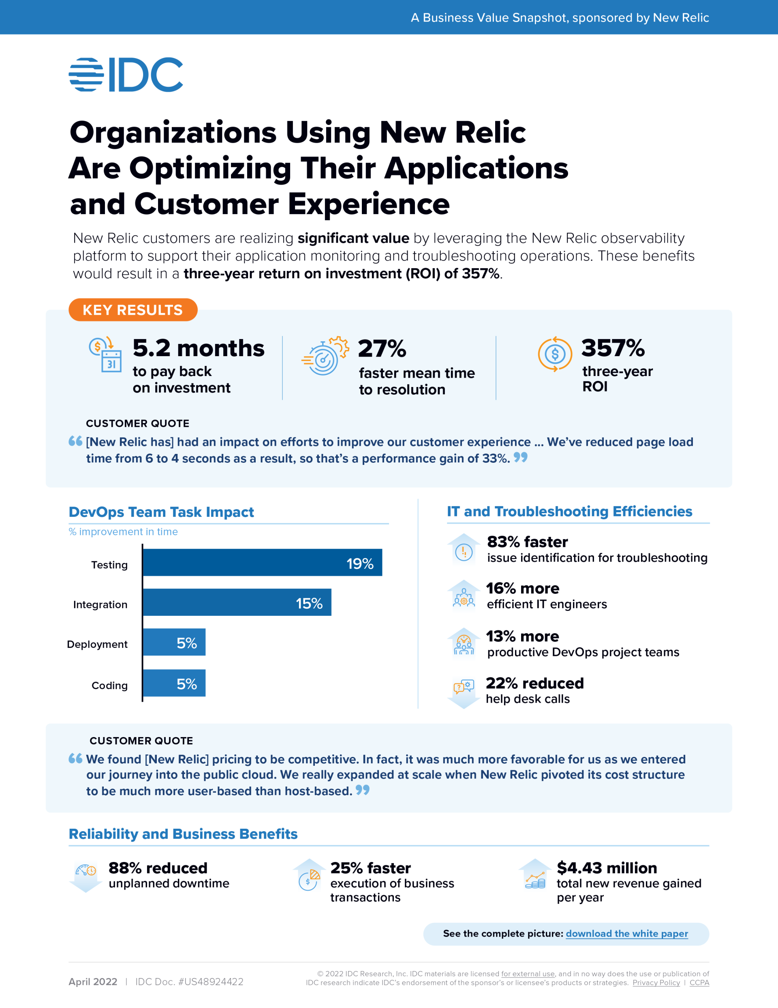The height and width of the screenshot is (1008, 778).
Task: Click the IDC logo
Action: [x=126, y=74]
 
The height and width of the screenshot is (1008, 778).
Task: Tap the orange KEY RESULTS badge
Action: [x=133, y=309]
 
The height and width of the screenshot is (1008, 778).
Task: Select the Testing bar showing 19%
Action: [x=262, y=563]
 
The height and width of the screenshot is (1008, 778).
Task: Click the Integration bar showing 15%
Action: [x=237, y=602]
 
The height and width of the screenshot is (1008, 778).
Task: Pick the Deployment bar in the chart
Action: [x=174, y=642]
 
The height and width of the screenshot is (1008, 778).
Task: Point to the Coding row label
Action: [x=109, y=686]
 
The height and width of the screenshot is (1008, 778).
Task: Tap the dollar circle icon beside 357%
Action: [x=555, y=354]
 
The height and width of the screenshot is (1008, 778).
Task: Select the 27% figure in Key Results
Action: [x=382, y=348]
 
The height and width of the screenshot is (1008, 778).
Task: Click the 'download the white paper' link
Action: [x=626, y=933]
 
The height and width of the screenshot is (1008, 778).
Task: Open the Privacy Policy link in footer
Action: [x=656, y=982]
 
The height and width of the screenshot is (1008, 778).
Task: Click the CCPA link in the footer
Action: [x=699, y=982]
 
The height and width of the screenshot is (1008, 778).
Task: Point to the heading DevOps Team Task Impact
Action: [x=161, y=512]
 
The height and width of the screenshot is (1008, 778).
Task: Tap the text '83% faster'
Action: [x=527, y=542]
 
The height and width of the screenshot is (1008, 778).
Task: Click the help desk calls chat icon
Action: [x=464, y=687]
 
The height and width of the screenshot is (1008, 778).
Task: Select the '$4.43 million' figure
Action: [x=607, y=868]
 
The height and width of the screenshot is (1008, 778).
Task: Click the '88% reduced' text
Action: [x=158, y=868]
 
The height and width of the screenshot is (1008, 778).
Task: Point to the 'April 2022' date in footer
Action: [x=93, y=982]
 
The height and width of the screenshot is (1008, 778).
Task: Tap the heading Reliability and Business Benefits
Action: [x=183, y=834]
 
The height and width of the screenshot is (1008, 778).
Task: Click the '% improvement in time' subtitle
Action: [x=123, y=532]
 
